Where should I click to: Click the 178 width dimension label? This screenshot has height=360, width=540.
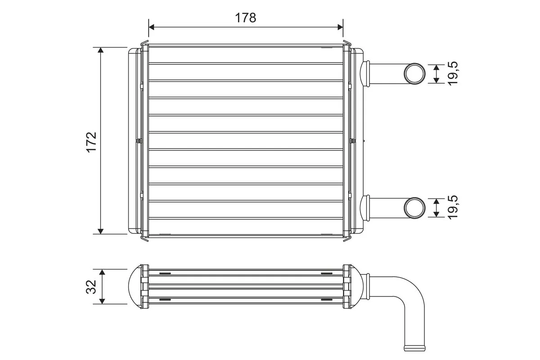pyautogui.click(x=245, y=18)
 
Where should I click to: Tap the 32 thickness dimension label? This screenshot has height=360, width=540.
pyautogui.click(x=91, y=287)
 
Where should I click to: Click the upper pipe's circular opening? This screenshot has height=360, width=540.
pyautogui.click(x=414, y=74)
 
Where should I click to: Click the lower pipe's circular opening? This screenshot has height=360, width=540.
pyautogui.click(x=414, y=207)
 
